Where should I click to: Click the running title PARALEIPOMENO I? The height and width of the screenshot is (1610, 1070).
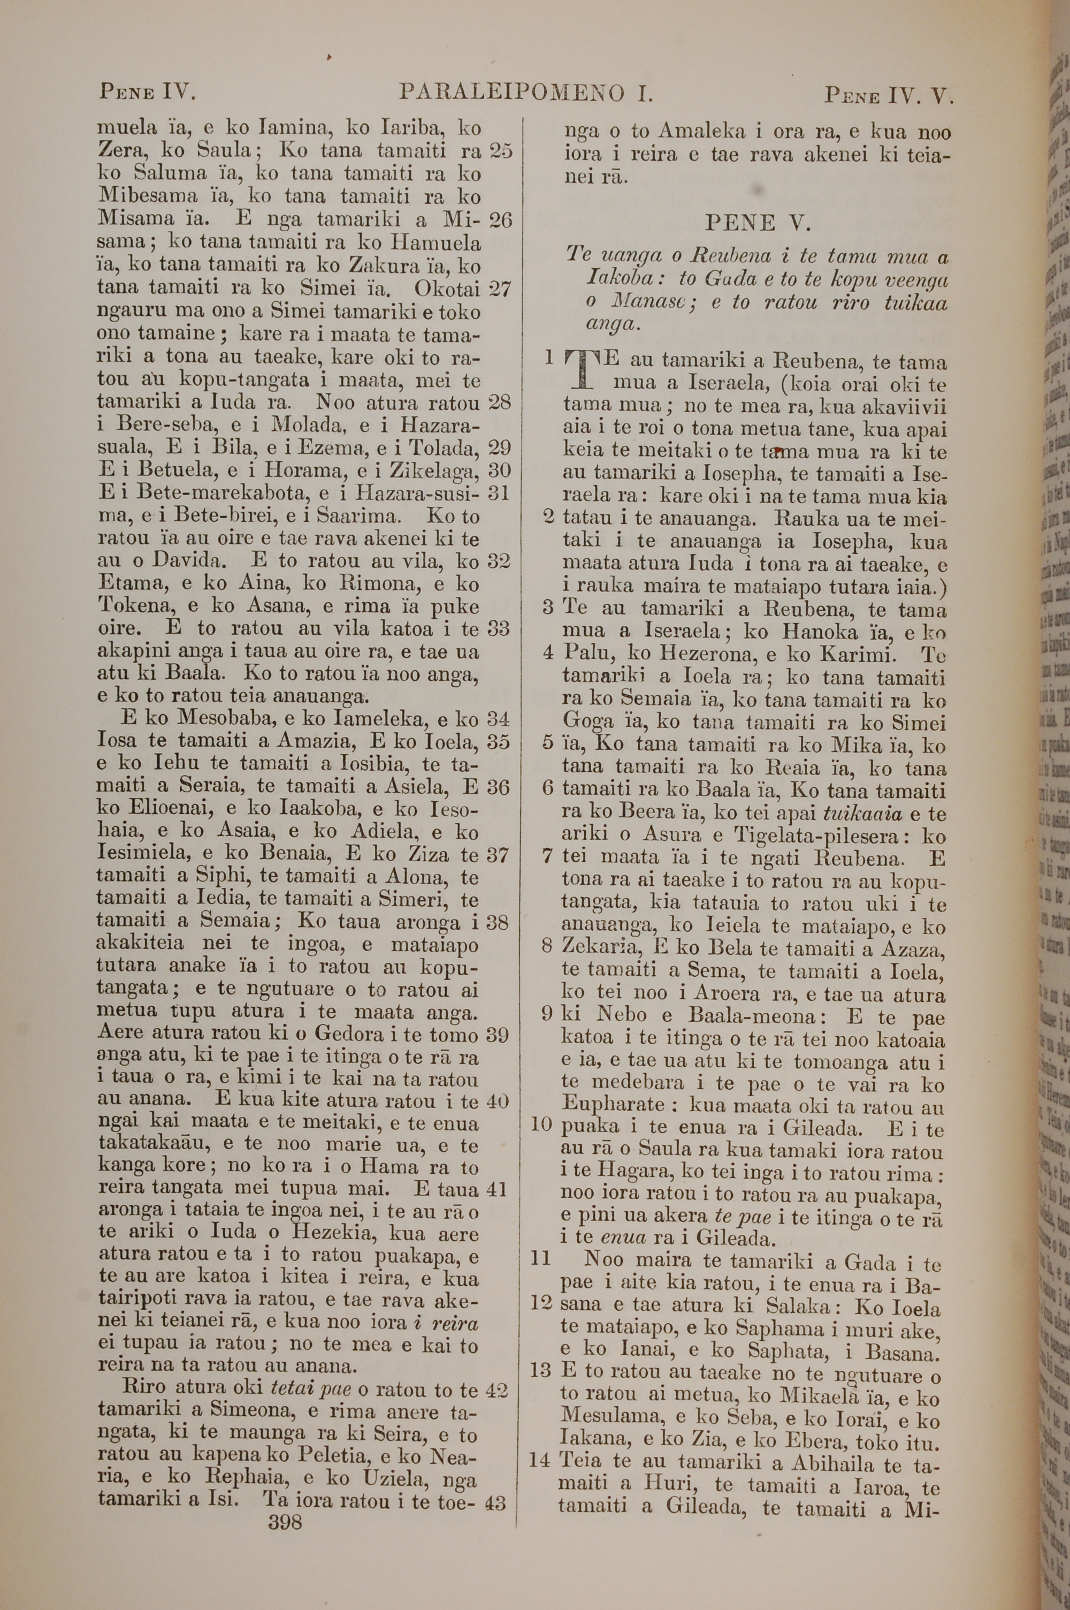526,93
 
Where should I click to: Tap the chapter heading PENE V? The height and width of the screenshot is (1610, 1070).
750,223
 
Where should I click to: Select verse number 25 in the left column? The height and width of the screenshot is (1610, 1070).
501,151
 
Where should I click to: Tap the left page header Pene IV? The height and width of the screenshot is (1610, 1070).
148,92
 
